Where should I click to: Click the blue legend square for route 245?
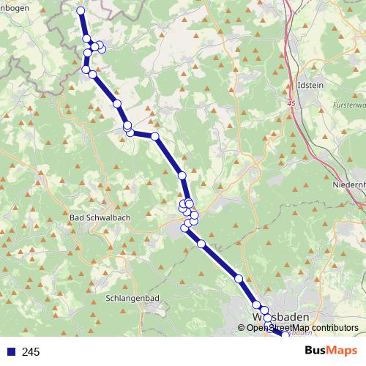(10, 352)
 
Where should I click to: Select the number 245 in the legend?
(31, 352)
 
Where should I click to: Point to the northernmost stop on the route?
(81, 10)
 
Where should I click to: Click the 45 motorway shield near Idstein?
(293, 105)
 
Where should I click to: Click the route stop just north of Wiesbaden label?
(257, 305)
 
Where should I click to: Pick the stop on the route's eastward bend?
(155, 136)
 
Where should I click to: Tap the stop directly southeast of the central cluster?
(201, 243)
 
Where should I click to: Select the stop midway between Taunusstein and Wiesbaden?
(239, 278)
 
